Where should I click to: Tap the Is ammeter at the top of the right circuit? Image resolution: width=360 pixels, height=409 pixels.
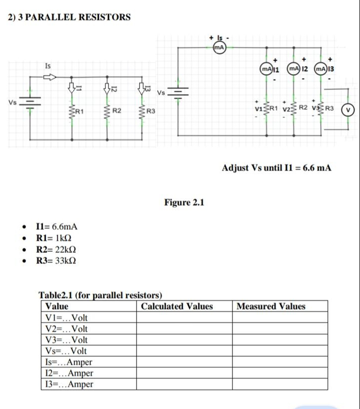[219, 47]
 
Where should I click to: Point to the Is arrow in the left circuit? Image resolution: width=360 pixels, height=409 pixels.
[49, 77]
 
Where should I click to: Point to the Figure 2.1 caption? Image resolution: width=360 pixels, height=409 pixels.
[184, 203]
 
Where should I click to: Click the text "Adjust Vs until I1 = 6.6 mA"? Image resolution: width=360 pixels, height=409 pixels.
[276, 168]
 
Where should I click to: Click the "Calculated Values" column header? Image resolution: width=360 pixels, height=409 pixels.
[177, 306]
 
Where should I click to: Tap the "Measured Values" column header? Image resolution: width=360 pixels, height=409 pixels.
[271, 306]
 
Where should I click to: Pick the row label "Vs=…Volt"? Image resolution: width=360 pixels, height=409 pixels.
[66, 351]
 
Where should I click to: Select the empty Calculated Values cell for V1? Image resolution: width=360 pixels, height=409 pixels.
[184, 318]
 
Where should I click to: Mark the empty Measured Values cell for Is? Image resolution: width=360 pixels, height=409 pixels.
[280, 362]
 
